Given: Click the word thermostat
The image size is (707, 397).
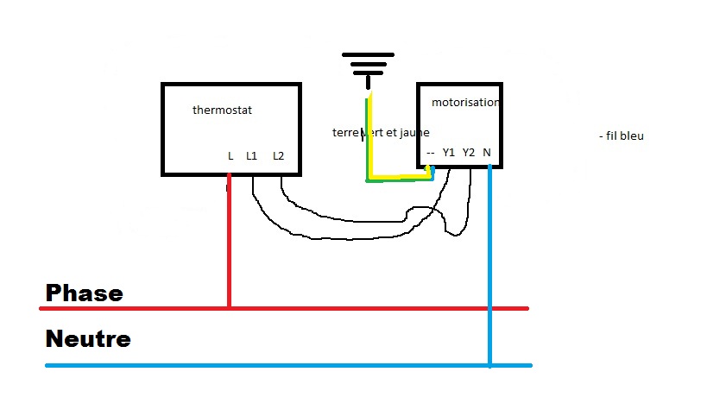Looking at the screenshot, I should tap(222, 110).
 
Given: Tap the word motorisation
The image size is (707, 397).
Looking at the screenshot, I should tap(464, 102).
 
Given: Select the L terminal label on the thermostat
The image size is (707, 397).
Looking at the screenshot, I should tap(230, 156).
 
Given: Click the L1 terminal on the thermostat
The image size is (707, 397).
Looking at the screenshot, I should tap(251, 156).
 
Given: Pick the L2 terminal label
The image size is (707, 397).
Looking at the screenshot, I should tap(278, 156).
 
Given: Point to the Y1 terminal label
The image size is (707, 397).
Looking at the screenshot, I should tap(448, 153).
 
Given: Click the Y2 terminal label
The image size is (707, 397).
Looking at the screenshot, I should tap(469, 153).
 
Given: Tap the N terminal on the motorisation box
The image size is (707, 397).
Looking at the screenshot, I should tap(488, 153).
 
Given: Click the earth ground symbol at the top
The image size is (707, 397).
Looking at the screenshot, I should tap(369, 66).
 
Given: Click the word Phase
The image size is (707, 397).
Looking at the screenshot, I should tap(84, 293).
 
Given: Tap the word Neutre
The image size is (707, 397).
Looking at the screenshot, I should tap(87, 338).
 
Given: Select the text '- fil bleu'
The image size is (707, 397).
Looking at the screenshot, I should tap(621, 136).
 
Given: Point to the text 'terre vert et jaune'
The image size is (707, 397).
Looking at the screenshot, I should tap(381, 133).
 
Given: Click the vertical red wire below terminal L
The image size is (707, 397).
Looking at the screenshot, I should tap(229, 242).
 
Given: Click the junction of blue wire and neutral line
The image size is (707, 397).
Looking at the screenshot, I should tap(489, 365).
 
